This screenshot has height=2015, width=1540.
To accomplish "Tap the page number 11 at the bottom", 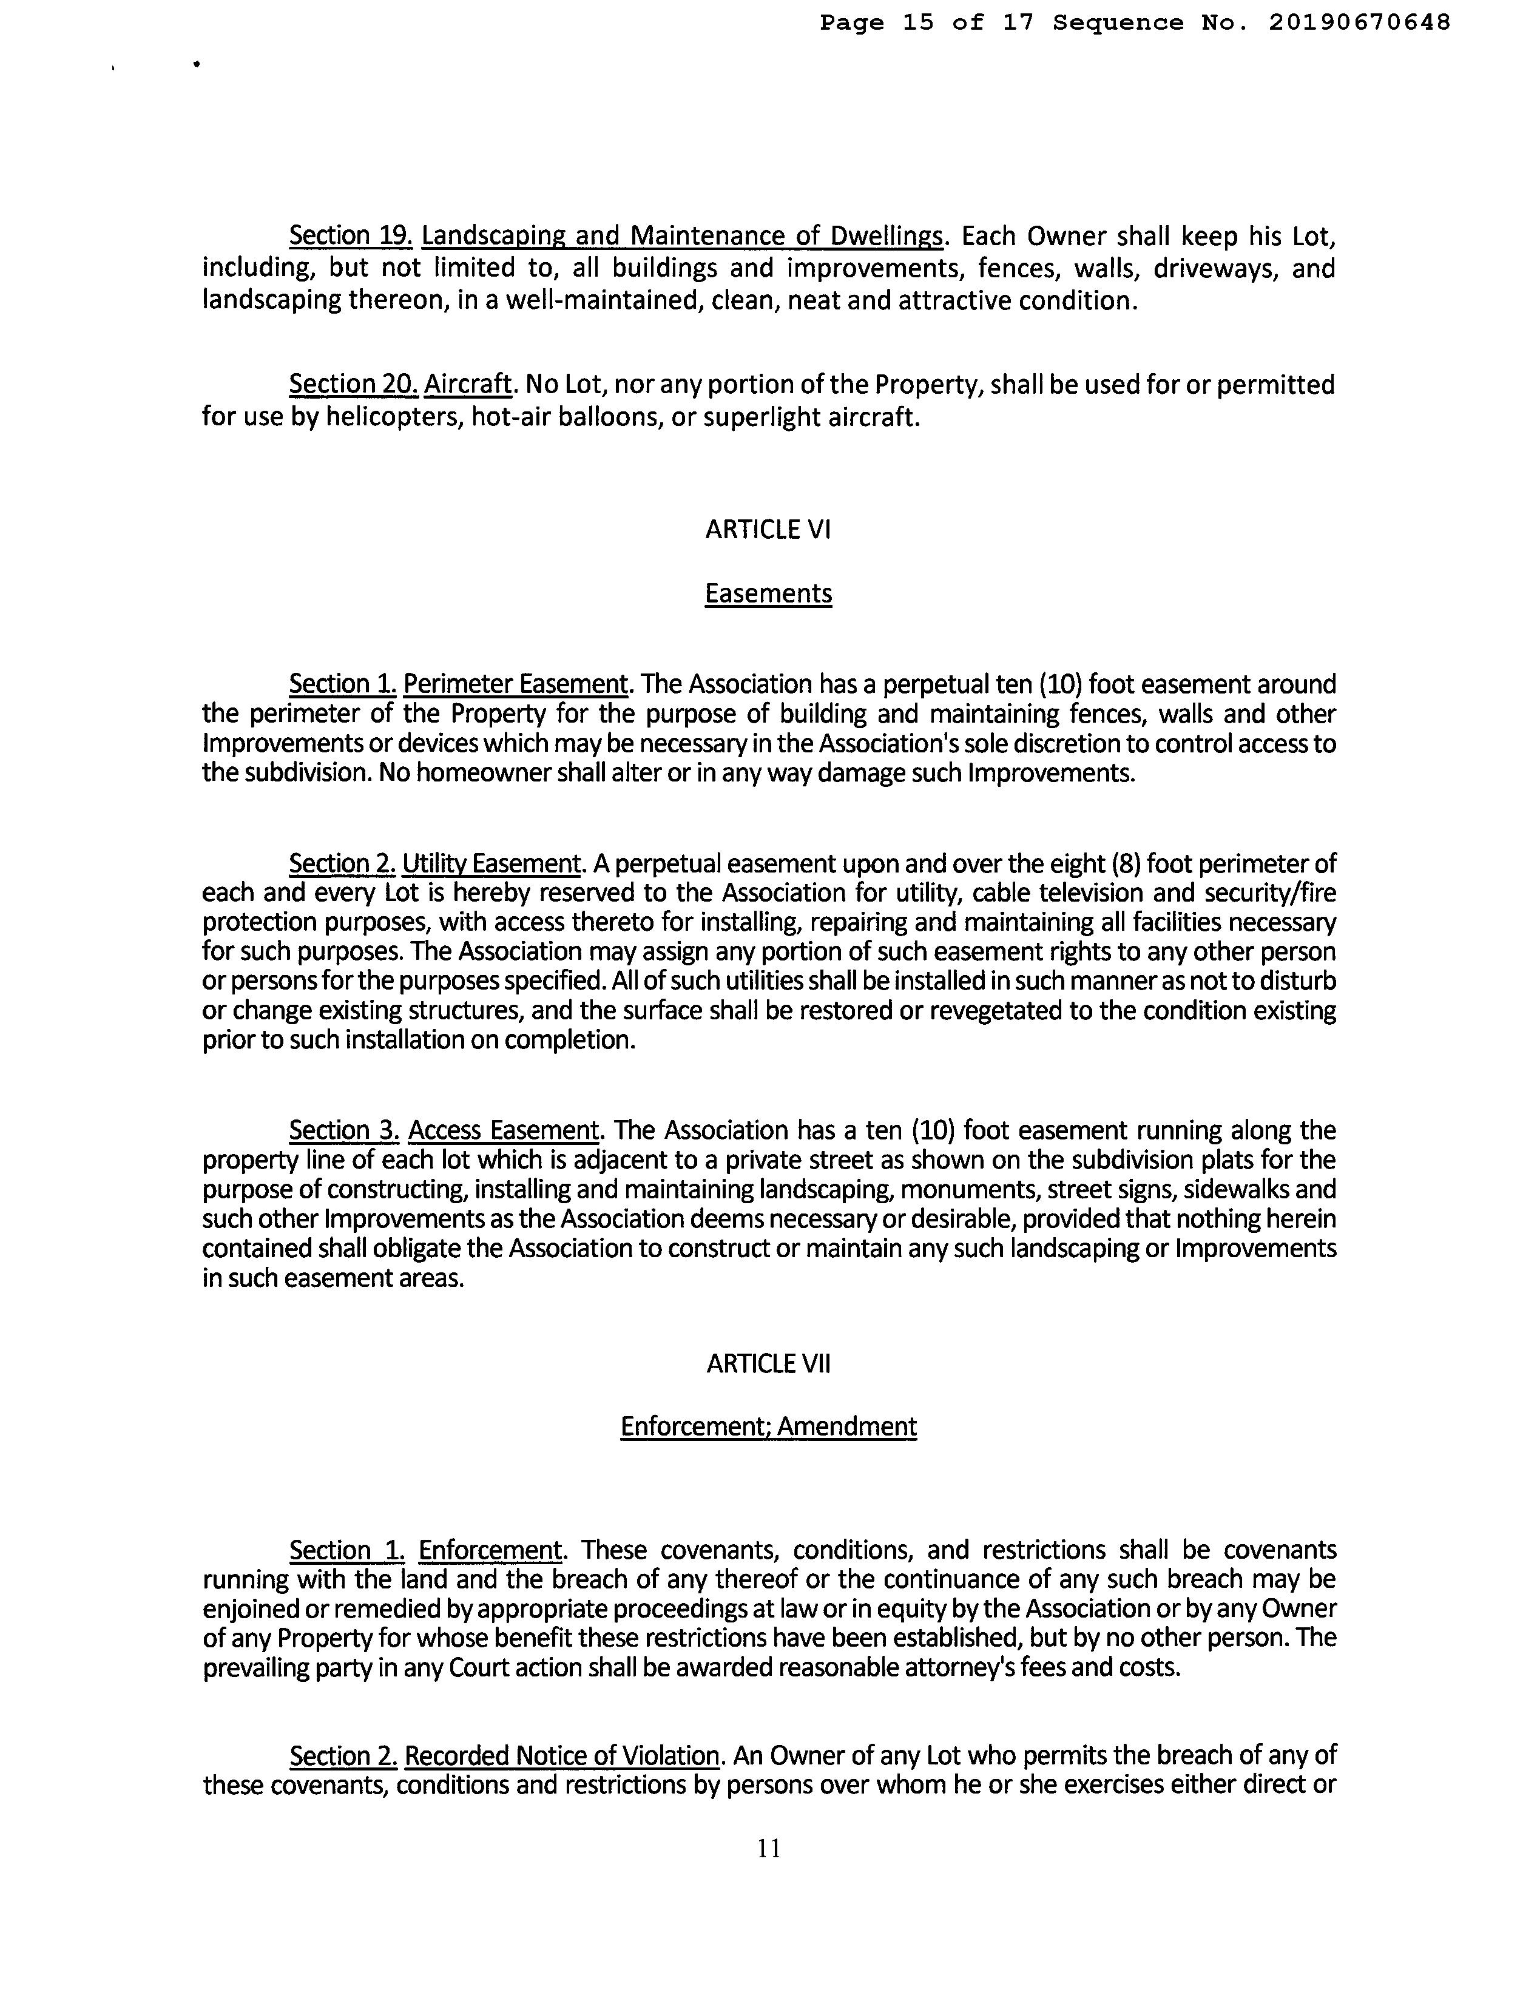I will tap(769, 1848).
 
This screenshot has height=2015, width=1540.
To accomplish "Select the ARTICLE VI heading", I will tap(768, 530).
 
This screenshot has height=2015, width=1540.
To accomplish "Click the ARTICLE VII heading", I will tap(768, 1363).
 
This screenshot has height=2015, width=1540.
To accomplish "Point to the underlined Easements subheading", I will tap(768, 594).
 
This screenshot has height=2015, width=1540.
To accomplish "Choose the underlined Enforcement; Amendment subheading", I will tap(768, 1426).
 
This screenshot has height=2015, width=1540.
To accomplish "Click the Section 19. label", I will tap(351, 235).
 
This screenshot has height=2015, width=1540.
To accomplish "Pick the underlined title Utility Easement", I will tap(491, 863).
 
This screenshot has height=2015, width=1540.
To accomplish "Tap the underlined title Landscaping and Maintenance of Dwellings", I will tap(682, 235).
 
